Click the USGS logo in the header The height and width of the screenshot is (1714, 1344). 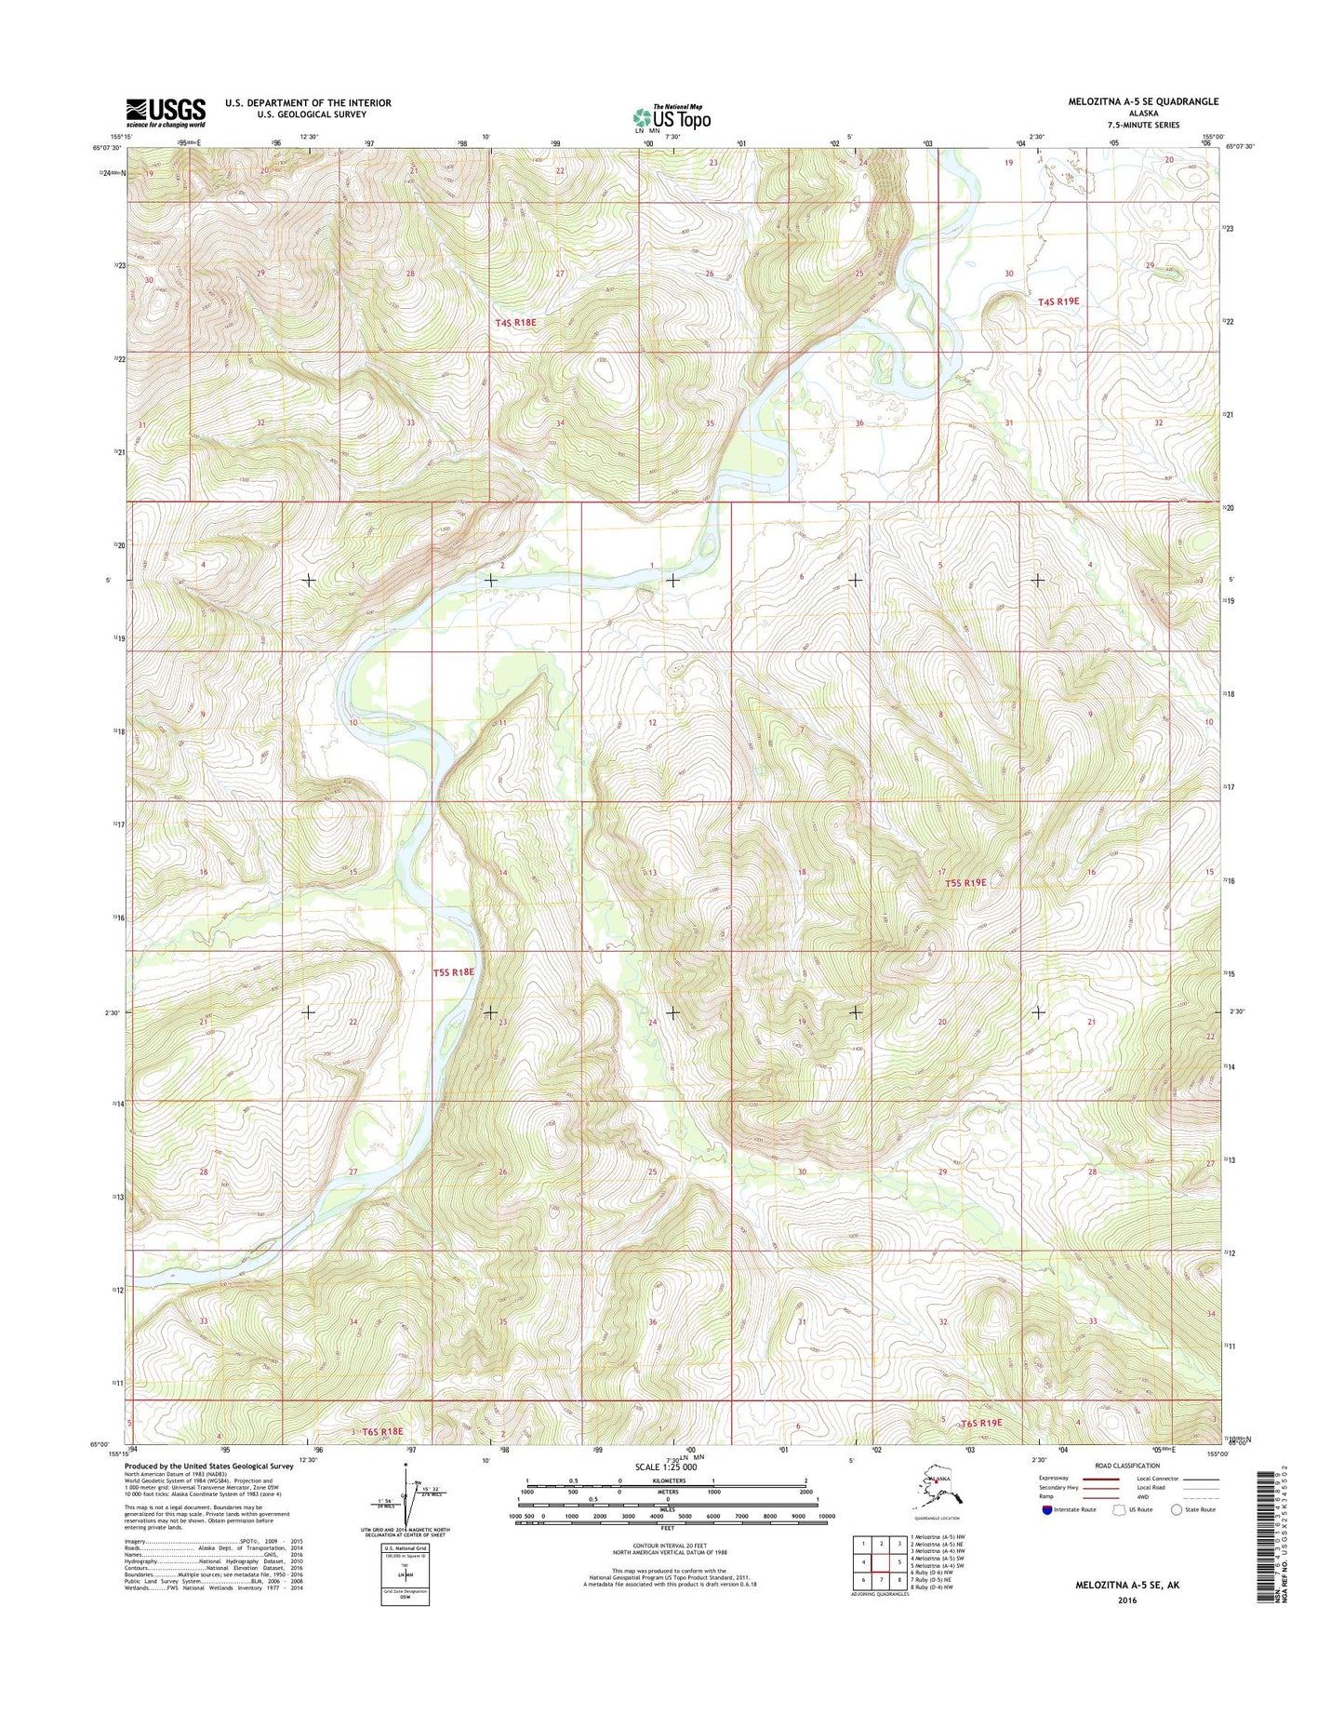tap(166, 113)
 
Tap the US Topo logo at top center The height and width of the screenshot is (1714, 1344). tap(672, 117)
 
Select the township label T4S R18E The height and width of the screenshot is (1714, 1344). tap(516, 322)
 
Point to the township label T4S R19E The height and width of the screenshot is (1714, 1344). tap(1058, 301)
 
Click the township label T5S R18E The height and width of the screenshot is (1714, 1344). tap(454, 972)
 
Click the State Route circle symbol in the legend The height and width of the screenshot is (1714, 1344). tap(1178, 1509)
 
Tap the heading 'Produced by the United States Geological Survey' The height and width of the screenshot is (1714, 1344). tap(209, 1466)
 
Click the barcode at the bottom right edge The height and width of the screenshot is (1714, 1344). tap(1263, 1547)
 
